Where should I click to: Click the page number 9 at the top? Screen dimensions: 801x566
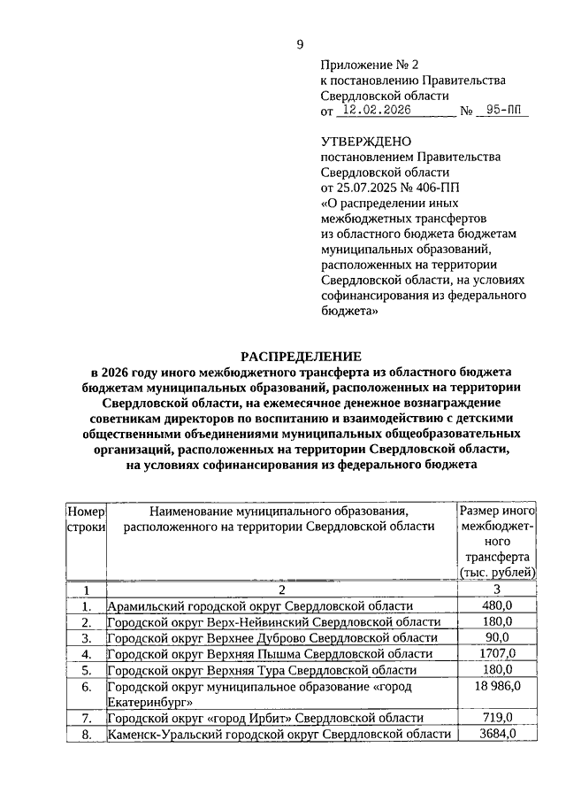coord(300,45)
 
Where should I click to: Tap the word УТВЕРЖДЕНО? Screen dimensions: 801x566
coord(365,141)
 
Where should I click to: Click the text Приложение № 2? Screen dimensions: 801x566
coord(361,65)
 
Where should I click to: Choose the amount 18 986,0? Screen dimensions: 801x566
coord(496,686)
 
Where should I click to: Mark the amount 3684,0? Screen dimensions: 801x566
coord(496,734)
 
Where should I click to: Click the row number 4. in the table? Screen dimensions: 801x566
coord(87,654)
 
